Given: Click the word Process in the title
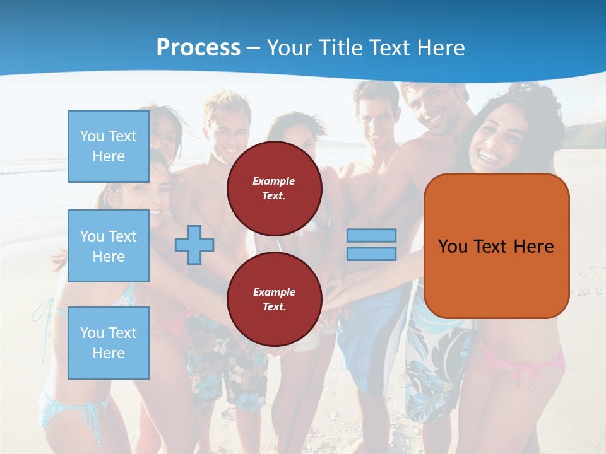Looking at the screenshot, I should [198, 47].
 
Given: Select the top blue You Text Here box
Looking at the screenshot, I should [109, 146].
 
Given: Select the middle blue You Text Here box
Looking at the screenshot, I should [109, 246].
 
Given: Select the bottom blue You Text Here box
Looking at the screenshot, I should [109, 342].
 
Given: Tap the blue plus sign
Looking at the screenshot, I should [194, 245].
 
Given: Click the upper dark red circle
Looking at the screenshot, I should [274, 188].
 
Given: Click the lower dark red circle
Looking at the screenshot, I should [274, 299].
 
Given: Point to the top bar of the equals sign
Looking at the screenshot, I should [371, 235].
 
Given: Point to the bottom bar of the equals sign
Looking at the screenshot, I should [371, 253].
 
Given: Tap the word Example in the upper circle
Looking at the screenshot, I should [273, 181].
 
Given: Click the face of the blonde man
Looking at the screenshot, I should [229, 126].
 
